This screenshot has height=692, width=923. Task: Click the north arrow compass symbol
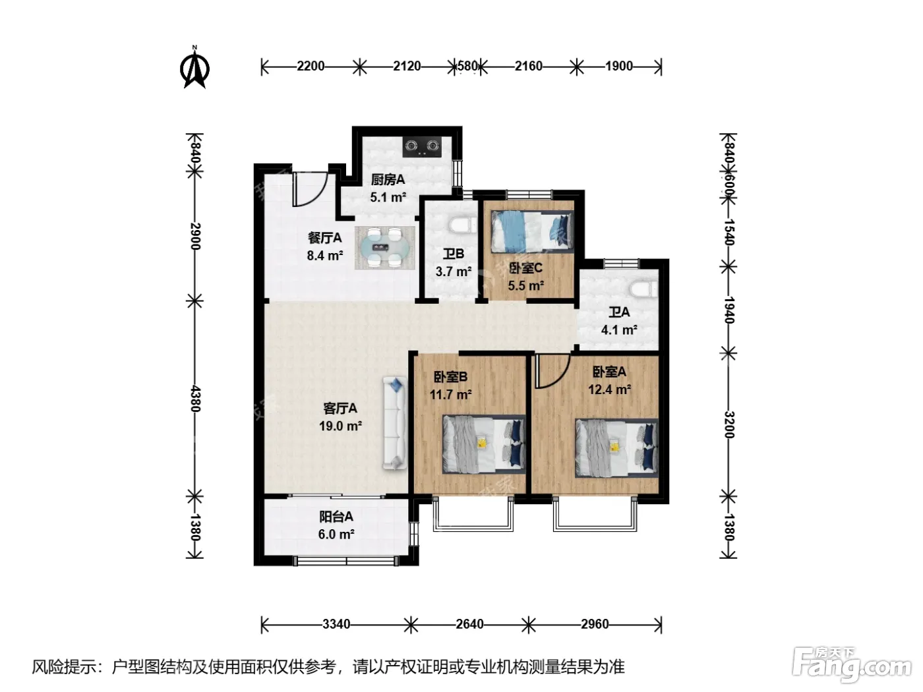[x=194, y=67]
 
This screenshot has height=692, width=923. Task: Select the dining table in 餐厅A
[x=385, y=248]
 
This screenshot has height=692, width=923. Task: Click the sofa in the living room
[x=395, y=423]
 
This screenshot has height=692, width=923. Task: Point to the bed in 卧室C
[x=532, y=232]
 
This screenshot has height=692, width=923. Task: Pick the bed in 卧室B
[x=484, y=444]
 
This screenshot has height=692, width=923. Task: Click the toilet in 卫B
[x=463, y=225]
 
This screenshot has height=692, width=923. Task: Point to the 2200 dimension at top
[x=311, y=67]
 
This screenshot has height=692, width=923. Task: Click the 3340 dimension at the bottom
[x=336, y=624]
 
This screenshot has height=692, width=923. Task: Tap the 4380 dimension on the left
[x=195, y=398]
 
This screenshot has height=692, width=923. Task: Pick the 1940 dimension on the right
[x=729, y=310]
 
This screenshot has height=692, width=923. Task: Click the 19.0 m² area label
[x=340, y=426]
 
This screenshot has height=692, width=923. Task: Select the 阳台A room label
[x=336, y=517]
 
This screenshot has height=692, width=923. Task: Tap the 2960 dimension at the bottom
[x=595, y=624]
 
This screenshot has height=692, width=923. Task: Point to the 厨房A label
[x=388, y=179]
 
